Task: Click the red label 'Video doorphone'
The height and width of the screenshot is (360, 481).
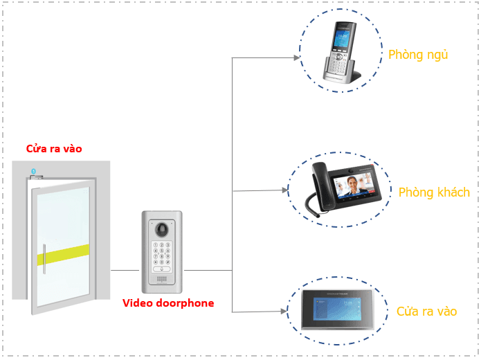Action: pos(168,303)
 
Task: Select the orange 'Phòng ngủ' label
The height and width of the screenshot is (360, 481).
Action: pos(418,55)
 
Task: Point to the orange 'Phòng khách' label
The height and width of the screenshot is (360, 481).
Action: pos(434,192)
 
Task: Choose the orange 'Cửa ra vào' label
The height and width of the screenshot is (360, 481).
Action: pos(426,312)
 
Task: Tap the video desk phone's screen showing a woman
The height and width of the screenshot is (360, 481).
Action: pos(352,185)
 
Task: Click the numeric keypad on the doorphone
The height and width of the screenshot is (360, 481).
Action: pos(162,253)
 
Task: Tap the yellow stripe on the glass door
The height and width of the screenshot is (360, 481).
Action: pos(63,254)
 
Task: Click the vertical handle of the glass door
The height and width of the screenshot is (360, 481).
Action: pos(44,258)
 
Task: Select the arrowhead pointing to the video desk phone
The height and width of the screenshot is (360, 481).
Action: pos(284,190)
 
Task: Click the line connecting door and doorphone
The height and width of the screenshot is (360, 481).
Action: pos(125,270)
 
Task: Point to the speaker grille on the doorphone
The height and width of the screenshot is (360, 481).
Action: pos(162,280)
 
